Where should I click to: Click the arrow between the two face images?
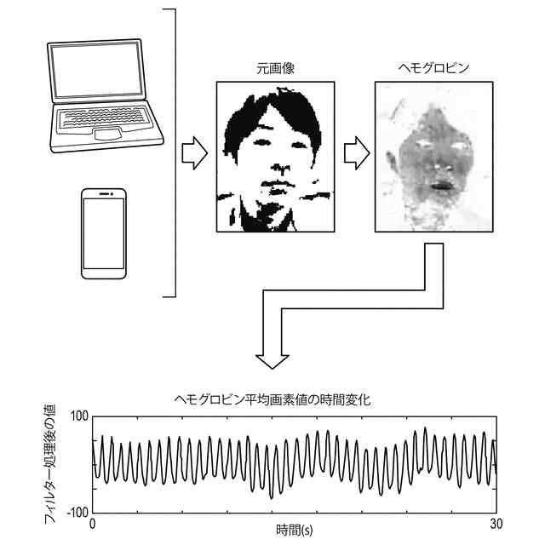tap(356, 152)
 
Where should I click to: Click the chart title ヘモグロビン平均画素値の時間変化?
tap(272, 399)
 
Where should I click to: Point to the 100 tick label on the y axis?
tap(79, 416)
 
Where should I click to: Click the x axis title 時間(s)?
tap(294, 531)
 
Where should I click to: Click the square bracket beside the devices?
tap(174, 153)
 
